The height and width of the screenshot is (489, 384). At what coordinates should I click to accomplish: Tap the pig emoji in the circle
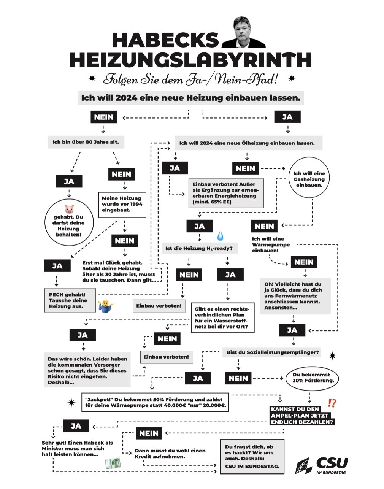pyautogui.click(x=69, y=209)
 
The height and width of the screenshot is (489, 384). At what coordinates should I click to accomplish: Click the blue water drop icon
pyautogui.click(x=221, y=236)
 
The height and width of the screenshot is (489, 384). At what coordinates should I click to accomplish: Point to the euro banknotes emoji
pyautogui.click(x=113, y=463)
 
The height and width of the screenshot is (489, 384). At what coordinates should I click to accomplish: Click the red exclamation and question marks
pyautogui.click(x=332, y=403)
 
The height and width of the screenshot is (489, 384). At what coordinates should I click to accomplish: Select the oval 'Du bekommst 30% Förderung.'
pyautogui.click(x=313, y=378)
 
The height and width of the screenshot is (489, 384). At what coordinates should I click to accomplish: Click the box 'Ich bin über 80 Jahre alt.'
pyautogui.click(x=86, y=142)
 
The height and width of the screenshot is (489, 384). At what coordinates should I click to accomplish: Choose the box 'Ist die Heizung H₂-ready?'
pyautogui.click(x=199, y=249)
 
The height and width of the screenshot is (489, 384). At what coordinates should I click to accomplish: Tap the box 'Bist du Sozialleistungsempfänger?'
pyautogui.click(x=272, y=352)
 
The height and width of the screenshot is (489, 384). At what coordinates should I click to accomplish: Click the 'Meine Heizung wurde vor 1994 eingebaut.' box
pyautogui.click(x=122, y=204)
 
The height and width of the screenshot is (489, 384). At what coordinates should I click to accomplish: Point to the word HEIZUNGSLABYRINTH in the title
pyautogui.click(x=190, y=59)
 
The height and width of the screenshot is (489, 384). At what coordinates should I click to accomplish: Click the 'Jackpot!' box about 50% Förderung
pyautogui.click(x=155, y=403)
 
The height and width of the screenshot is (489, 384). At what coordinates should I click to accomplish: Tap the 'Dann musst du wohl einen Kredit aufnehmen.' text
pyautogui.click(x=170, y=453)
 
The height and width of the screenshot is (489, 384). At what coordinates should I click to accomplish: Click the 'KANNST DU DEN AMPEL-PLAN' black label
pyautogui.click(x=302, y=416)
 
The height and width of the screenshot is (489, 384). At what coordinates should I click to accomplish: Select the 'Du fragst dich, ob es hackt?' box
pyautogui.click(x=252, y=456)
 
